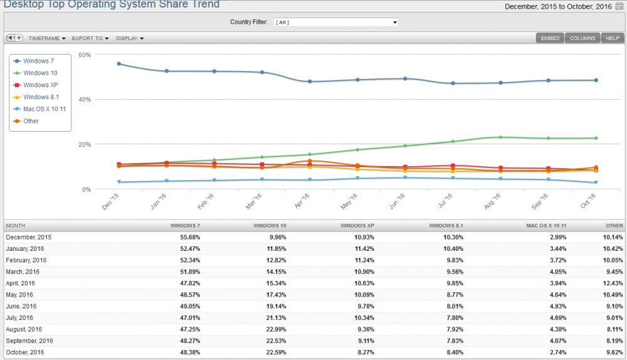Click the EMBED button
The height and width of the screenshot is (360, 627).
550,38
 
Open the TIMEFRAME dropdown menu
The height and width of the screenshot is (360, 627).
47,38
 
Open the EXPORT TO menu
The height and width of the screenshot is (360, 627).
90,38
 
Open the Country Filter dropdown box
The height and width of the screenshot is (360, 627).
335,23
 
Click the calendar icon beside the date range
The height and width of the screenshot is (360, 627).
620,6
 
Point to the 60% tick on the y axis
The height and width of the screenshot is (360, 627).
85,55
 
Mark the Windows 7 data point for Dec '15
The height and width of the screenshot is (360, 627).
119,64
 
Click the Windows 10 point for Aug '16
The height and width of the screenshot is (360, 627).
500,137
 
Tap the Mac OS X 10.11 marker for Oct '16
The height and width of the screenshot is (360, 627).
596,183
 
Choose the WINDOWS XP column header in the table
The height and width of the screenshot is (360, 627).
357,225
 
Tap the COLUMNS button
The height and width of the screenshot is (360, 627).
582,38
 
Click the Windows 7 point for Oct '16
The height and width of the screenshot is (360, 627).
596,80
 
